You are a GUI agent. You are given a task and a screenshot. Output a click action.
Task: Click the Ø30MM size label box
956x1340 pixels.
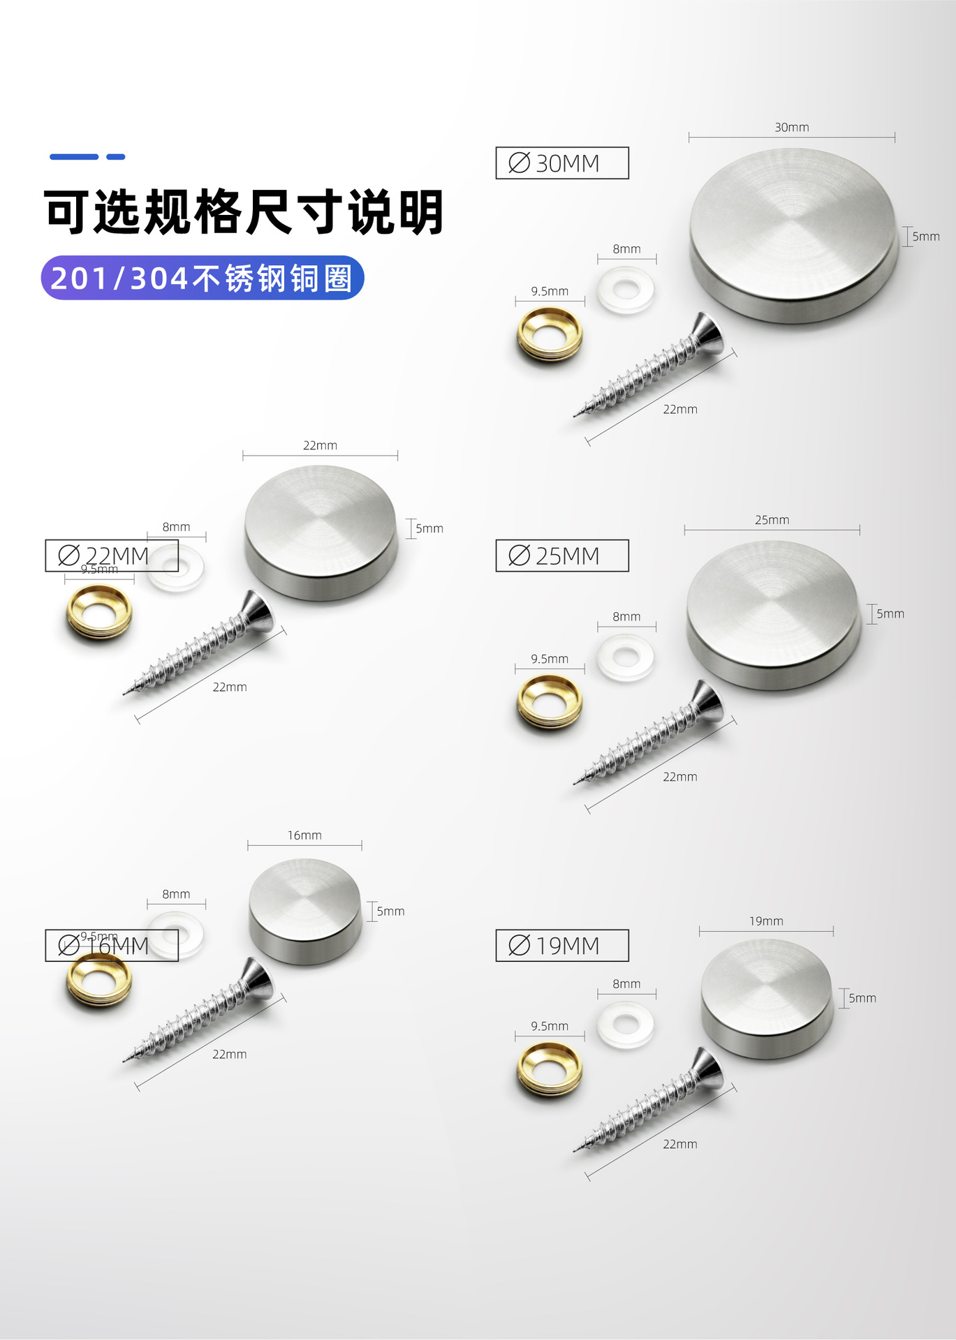(561, 163)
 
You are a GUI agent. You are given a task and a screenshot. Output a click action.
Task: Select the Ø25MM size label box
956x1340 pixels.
(561, 556)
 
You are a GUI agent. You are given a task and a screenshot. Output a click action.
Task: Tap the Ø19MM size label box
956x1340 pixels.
(561, 946)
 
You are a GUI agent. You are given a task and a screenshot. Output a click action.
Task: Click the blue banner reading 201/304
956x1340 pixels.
(203, 278)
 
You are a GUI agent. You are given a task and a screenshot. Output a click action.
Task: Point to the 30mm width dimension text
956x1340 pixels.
(791, 127)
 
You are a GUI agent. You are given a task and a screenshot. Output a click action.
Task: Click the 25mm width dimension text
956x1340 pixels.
(772, 520)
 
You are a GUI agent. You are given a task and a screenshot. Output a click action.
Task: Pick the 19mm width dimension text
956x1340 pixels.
(766, 921)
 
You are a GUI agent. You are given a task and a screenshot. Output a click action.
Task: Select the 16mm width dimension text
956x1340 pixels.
(304, 835)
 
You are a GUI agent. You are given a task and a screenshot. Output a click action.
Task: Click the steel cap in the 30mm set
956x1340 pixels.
(793, 234)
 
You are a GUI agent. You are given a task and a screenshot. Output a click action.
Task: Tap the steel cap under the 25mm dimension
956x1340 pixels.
(772, 614)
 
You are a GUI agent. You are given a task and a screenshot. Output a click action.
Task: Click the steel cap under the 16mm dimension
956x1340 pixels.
(305, 910)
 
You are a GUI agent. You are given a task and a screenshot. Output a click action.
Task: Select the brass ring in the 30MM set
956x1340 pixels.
(550, 334)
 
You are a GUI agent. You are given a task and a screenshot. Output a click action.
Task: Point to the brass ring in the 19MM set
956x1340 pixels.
(550, 1069)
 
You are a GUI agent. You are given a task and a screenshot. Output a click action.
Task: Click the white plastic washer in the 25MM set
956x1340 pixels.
(626, 657)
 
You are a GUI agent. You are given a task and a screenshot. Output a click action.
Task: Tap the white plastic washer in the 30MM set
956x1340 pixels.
(626, 289)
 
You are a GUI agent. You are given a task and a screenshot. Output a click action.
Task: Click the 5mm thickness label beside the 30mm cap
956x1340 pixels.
(925, 237)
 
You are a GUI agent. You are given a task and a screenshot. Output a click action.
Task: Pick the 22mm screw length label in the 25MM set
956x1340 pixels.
(679, 777)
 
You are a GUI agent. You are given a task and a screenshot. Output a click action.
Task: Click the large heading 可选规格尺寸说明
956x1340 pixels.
(244, 211)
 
